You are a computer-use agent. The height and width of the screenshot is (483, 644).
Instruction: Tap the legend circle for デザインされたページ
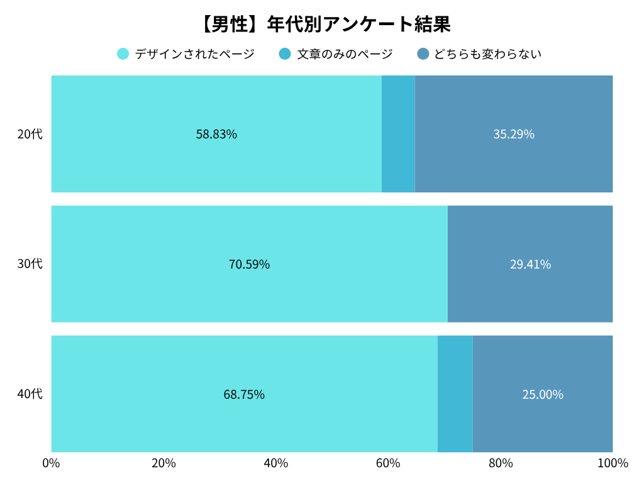click(x=123, y=54)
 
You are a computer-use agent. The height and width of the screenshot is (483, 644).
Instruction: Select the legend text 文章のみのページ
click(x=345, y=54)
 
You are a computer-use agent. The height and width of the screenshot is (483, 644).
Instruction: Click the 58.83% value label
click(x=216, y=134)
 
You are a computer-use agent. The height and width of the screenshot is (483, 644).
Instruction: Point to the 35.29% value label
click(x=514, y=134)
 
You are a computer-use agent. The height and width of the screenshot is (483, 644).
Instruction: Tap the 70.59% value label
click(x=249, y=264)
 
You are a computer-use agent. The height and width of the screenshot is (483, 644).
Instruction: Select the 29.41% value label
click(x=530, y=264)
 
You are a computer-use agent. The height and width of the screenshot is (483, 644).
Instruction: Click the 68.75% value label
click(x=244, y=394)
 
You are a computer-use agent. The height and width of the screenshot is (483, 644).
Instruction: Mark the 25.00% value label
click(x=543, y=394)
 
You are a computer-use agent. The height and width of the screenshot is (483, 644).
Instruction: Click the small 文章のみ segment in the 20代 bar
click(x=398, y=134)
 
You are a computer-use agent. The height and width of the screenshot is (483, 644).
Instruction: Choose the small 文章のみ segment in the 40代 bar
click(x=455, y=394)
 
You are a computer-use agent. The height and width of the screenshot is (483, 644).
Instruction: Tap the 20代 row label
click(x=30, y=134)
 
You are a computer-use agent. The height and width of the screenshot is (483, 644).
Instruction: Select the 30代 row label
click(x=30, y=264)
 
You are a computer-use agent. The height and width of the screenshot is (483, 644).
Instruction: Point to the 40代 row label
click(x=30, y=394)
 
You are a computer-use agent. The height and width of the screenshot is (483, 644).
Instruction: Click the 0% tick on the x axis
click(x=51, y=464)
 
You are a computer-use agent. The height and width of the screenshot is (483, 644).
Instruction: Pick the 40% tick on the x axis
click(x=276, y=464)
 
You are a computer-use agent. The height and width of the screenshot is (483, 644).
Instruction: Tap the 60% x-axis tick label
click(x=388, y=464)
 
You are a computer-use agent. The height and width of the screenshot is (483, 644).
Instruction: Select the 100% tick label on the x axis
click(x=613, y=464)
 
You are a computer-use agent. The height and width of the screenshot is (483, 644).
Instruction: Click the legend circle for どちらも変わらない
click(x=423, y=54)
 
